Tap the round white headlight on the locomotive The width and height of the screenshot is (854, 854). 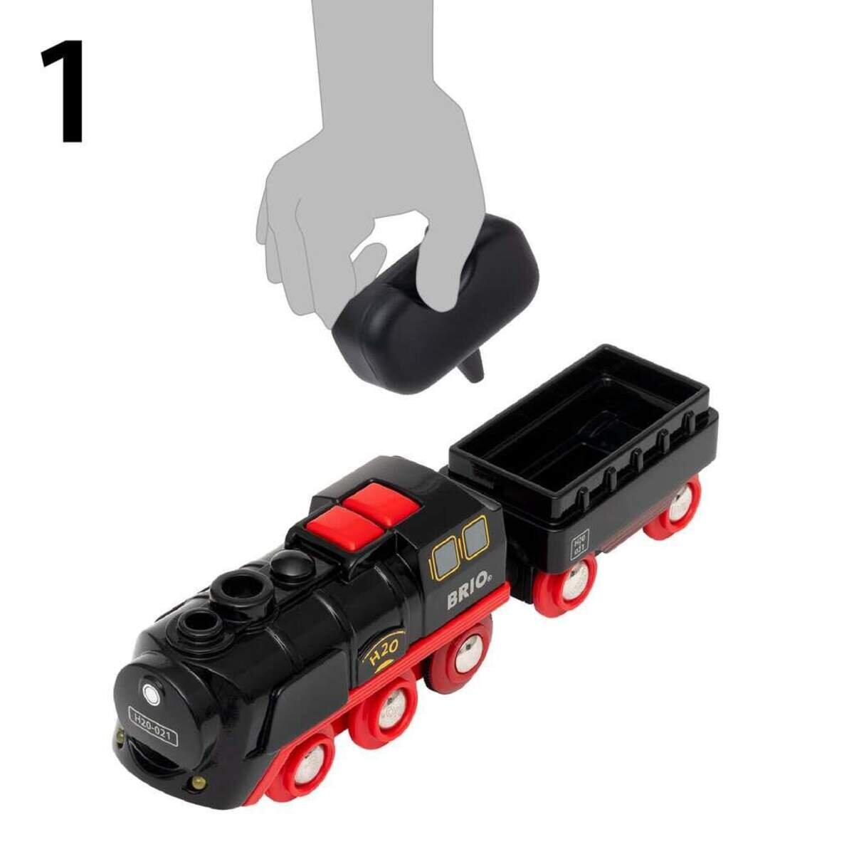(x=150, y=692)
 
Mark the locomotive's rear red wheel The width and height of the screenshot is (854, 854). (x=463, y=654)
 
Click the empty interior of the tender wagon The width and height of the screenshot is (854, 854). (x=569, y=427)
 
